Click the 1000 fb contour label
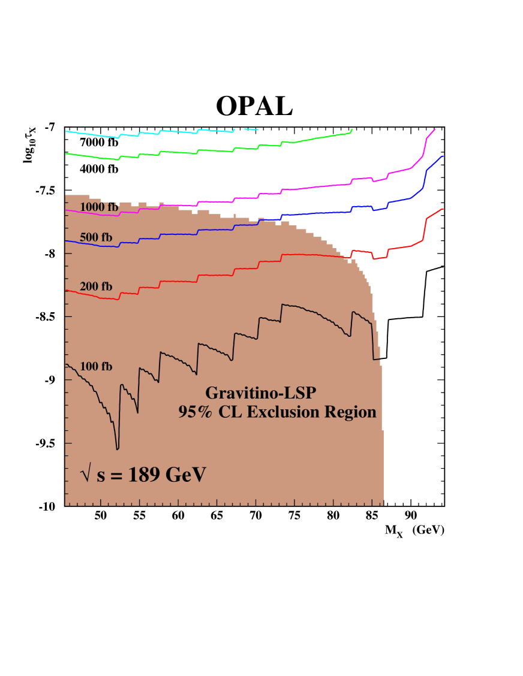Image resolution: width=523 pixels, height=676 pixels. (99, 207)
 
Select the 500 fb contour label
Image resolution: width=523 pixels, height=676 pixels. (96, 237)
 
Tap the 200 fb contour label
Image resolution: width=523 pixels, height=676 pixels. (96, 287)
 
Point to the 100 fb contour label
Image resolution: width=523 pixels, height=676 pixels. (96, 367)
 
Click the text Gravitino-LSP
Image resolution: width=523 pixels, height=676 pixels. (260, 393)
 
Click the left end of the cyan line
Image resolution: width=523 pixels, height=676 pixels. (66, 131)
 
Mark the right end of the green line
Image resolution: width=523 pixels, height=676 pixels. (352, 129)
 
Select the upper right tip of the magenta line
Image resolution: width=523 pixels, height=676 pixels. (434, 129)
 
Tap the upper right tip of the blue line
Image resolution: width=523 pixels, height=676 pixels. (442, 156)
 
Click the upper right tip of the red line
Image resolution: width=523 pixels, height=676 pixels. (443, 209)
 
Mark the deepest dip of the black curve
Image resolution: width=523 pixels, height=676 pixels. (118, 448)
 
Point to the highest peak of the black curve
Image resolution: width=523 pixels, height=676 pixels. (282, 304)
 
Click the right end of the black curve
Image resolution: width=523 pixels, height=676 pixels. (380, 359)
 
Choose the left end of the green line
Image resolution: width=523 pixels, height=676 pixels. (66, 153)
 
